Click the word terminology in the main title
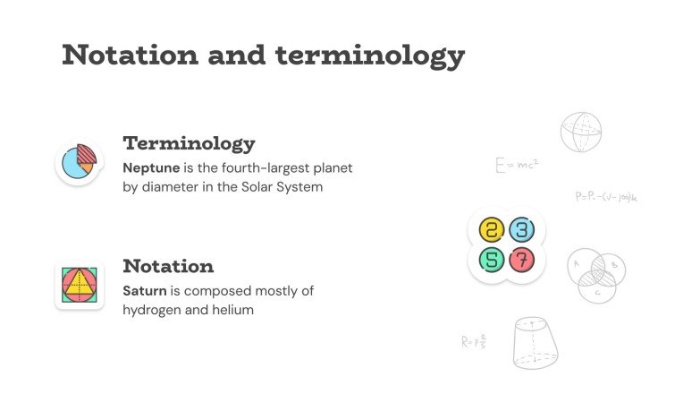(x=370, y=56)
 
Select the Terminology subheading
(x=189, y=143)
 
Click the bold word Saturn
(x=146, y=291)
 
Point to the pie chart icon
(x=79, y=162)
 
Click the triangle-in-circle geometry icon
(x=79, y=286)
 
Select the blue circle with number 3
(x=522, y=230)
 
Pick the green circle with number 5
(x=492, y=261)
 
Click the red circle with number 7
(x=522, y=261)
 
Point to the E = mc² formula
(x=517, y=166)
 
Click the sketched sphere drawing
(x=581, y=132)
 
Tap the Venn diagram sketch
(x=596, y=273)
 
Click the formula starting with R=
(x=474, y=341)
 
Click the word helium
(x=233, y=310)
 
